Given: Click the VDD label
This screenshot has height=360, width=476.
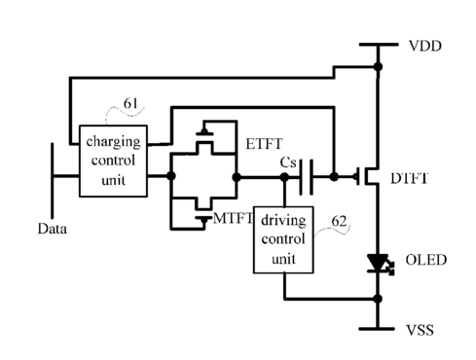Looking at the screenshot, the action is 425,46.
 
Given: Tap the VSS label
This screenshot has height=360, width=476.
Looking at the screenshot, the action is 420,330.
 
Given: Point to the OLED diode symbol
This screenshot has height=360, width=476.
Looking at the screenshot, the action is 379,264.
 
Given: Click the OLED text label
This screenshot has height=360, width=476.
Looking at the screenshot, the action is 426,260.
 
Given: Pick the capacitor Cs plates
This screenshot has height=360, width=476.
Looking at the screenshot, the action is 306,177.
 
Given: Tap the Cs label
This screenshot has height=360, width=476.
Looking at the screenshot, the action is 288,162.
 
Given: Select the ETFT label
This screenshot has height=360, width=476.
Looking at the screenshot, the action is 264,144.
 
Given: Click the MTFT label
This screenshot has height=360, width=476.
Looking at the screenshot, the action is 233,218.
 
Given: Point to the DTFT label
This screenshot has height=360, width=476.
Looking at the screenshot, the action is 410,178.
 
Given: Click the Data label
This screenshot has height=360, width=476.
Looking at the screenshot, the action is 53,229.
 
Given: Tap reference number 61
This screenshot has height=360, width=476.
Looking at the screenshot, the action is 130,103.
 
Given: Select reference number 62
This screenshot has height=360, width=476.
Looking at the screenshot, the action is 339,221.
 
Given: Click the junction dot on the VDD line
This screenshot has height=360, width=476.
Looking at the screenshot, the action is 378,67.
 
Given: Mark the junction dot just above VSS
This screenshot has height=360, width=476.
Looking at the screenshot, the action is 378,299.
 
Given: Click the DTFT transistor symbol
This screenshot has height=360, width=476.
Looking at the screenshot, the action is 367,176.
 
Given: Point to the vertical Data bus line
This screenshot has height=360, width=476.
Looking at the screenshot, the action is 52,180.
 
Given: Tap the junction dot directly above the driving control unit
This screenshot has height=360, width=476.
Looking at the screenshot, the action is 284,177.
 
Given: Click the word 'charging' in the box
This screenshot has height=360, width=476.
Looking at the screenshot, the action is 113,142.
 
